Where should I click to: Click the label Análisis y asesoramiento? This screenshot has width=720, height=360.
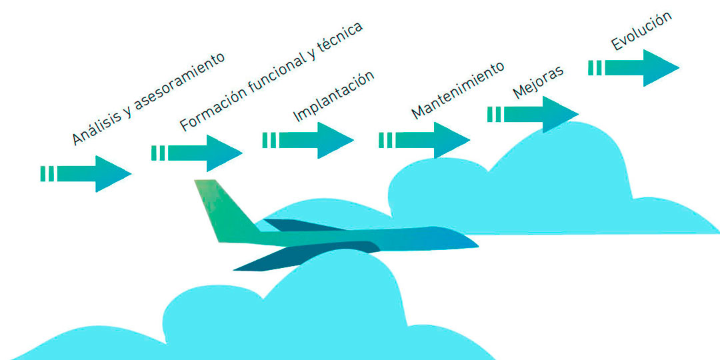point(149,99)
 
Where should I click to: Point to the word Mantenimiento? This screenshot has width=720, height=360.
point(457,90)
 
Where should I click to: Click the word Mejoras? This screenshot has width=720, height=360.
point(538,81)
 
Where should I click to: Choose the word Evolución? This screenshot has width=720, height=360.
point(641,32)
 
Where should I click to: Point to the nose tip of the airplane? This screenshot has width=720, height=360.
point(476,243)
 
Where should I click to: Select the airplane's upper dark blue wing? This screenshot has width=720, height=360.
point(300,225)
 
